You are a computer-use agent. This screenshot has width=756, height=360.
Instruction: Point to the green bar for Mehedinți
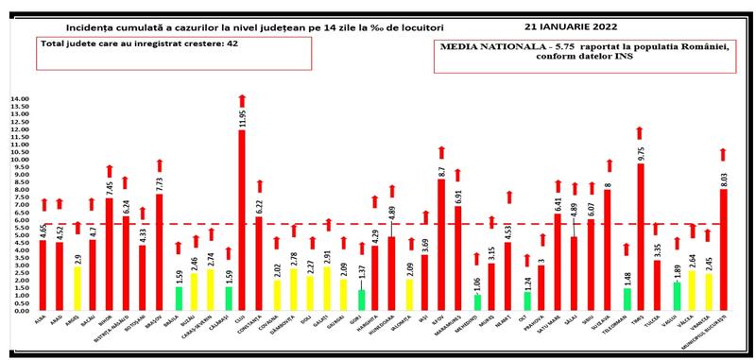tap(478, 302)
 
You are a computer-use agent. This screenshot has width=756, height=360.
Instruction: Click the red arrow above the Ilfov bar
tap(441, 152)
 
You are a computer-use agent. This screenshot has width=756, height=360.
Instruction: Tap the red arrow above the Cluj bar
tap(241, 99)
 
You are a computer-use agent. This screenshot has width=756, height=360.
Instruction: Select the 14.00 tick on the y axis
tap(20, 99)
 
